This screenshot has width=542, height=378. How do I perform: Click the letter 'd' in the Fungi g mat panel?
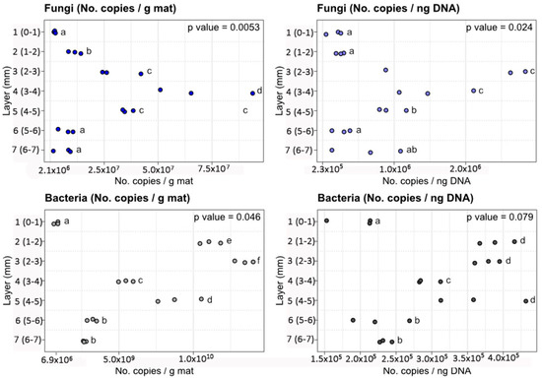258,92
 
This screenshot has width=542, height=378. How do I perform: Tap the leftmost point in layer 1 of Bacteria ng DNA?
326,221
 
